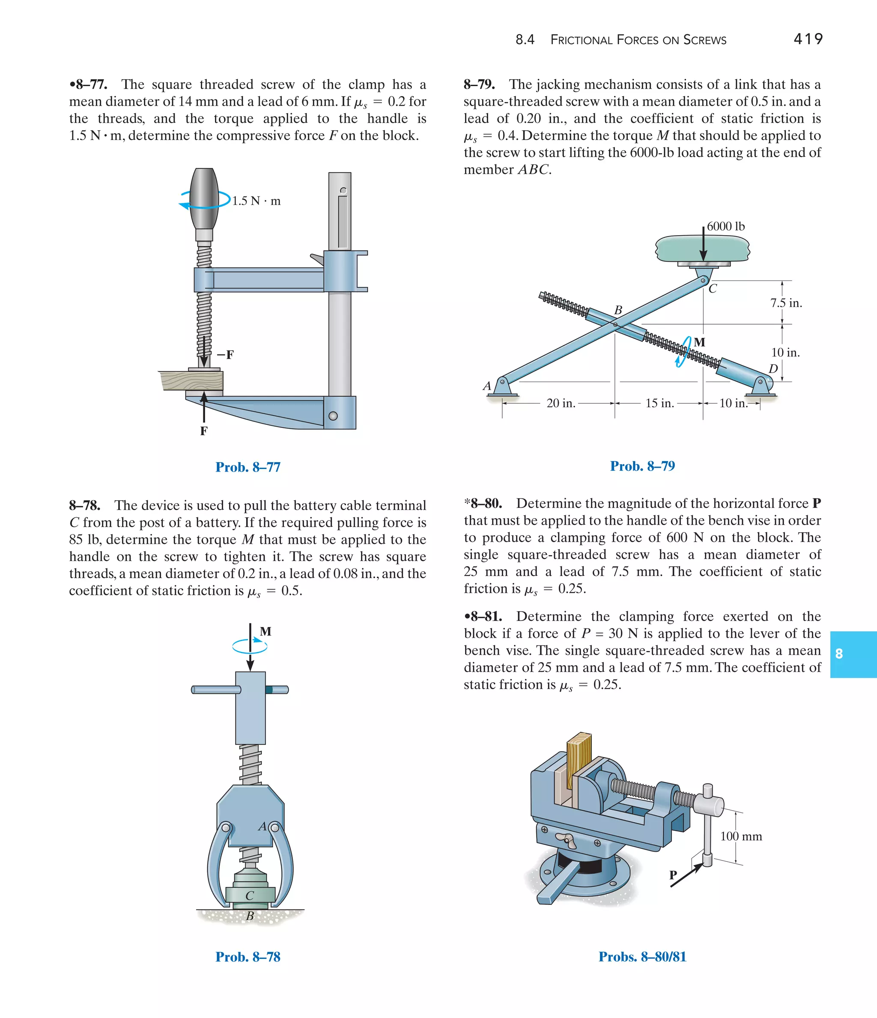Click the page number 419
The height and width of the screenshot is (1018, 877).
click(x=808, y=39)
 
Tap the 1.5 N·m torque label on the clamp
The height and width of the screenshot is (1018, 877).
click(x=256, y=201)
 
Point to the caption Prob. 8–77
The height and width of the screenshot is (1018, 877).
click(x=248, y=467)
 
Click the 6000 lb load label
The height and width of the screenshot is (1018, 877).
click(x=726, y=227)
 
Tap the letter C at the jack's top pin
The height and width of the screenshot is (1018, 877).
click(x=713, y=289)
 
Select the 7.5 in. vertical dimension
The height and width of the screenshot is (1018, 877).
click(x=786, y=303)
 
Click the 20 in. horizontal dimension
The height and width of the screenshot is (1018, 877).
click(x=561, y=403)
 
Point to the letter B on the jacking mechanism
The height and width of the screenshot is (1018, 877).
click(x=618, y=310)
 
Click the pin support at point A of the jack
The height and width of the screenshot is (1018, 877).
click(x=502, y=387)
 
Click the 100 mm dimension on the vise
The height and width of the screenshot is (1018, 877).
click(x=741, y=836)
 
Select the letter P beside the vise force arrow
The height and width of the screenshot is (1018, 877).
click(x=673, y=875)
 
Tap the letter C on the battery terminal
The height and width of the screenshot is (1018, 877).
click(x=250, y=896)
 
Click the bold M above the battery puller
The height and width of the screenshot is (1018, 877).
click(x=265, y=631)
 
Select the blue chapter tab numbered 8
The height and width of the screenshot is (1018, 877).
click(x=853, y=654)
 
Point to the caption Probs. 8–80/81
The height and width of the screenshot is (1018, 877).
click(x=642, y=957)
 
